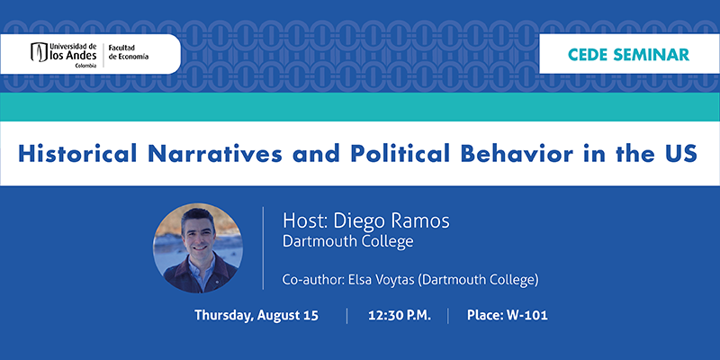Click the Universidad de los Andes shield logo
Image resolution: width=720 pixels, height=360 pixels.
(40, 52)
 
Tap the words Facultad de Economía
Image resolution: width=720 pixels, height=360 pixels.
(128, 52)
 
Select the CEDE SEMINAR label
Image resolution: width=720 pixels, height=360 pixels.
(628, 54)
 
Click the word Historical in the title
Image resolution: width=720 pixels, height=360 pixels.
(77, 153)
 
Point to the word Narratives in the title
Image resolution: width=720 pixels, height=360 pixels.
(215, 154)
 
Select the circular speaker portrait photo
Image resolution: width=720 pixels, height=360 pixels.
(198, 248)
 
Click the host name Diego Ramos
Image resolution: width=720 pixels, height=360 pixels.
(391, 220)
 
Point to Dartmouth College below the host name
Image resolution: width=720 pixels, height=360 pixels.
(347, 241)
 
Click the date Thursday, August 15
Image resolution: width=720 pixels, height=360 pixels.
(256, 316)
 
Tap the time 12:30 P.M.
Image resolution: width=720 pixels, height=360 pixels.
(400, 316)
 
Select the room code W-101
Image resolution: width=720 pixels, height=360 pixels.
(526, 316)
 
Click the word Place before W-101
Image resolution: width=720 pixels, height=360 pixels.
(485, 316)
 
